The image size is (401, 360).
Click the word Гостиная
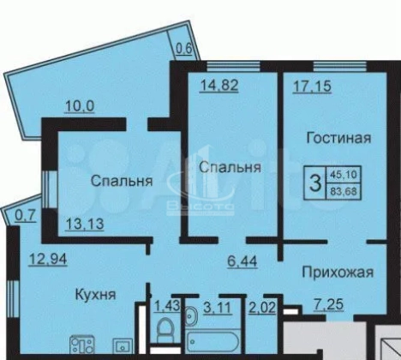click(338, 138)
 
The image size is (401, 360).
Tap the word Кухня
click(95, 295)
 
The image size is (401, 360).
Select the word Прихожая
click(338, 273)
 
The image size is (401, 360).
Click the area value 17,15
click(313, 87)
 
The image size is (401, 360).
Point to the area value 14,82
click(219, 85)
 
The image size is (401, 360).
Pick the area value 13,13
click(85, 224)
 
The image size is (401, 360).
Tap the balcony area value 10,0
click(80, 106)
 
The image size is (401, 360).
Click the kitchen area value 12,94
click(48, 259)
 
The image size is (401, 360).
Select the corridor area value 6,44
click(242, 261)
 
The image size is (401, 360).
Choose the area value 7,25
click(328, 304)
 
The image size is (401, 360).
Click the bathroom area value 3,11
click(218, 308)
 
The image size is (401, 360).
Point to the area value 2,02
click(262, 308)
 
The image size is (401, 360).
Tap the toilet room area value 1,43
click(167, 306)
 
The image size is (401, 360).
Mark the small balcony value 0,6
click(183, 49)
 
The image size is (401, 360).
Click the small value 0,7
click(26, 216)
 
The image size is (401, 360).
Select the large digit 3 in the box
click(315, 183)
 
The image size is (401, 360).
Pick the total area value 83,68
click(344, 191)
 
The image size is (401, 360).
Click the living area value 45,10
click(344, 174)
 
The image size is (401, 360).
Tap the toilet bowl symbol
click(164, 329)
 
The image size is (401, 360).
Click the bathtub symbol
click(213, 341)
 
